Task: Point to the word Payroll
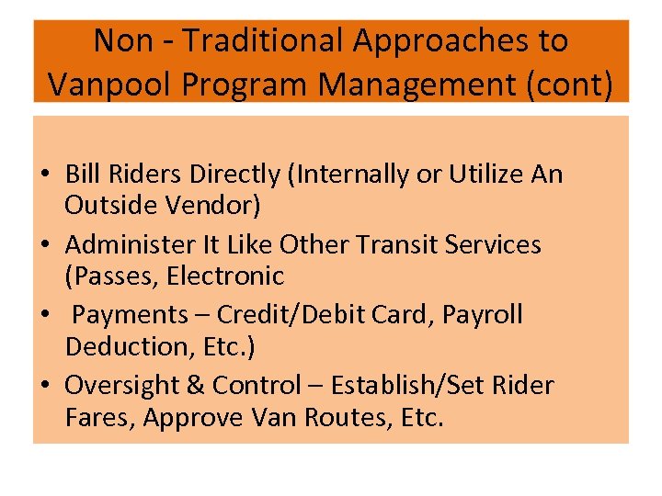(x=483, y=314)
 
